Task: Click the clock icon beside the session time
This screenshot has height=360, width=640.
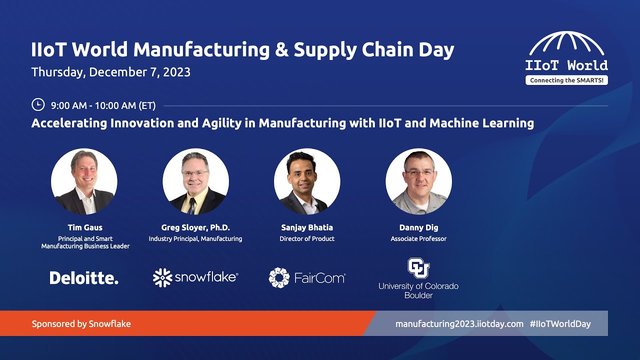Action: pyautogui.click(x=38, y=104)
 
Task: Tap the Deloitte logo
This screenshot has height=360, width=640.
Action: pyautogui.click(x=84, y=278)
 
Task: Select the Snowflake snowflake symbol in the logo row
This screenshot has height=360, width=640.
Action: pyautogui.click(x=162, y=278)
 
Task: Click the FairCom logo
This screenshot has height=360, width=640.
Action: pyautogui.click(x=306, y=278)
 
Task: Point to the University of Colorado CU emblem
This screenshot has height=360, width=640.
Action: pyautogui.click(x=418, y=268)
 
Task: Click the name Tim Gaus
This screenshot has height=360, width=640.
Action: pyautogui.click(x=85, y=227)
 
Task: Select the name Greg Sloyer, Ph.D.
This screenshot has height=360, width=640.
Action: pyautogui.click(x=195, y=227)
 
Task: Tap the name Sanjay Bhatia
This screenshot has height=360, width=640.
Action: pyautogui.click(x=307, y=227)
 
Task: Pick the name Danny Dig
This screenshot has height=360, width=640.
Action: pyautogui.click(x=418, y=227)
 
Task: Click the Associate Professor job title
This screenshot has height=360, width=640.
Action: pyautogui.click(x=418, y=239)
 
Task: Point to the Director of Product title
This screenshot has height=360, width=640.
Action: pyautogui.click(x=307, y=239)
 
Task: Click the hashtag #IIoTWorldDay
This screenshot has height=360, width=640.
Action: pyautogui.click(x=560, y=324)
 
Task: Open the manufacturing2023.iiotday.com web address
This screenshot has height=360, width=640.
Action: pyautogui.click(x=459, y=324)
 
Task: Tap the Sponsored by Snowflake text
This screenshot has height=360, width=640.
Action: pyautogui.click(x=81, y=324)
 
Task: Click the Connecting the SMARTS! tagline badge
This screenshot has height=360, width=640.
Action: pyautogui.click(x=566, y=80)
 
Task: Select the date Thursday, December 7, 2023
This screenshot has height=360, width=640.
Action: pyautogui.click(x=111, y=72)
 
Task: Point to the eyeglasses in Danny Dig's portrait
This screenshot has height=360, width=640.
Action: pyautogui.click(x=419, y=172)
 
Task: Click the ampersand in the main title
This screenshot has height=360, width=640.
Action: pyautogui.click(x=279, y=50)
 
